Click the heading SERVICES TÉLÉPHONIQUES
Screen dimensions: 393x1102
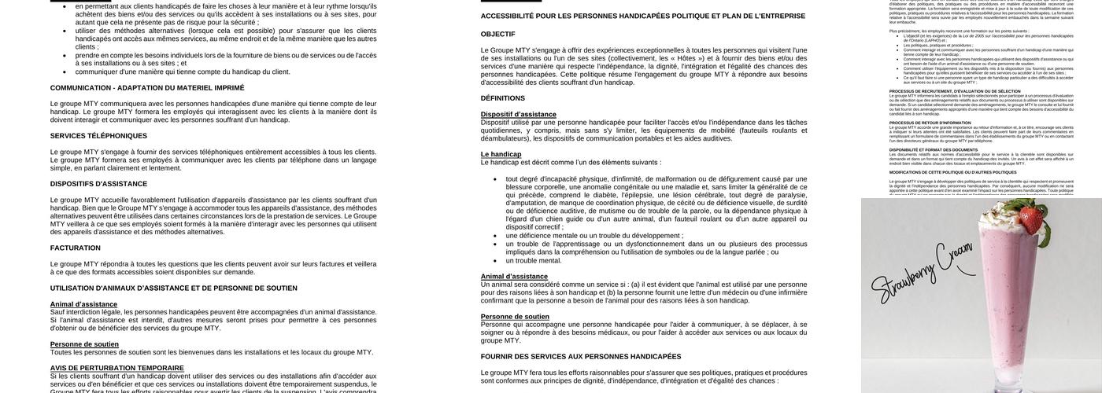tap(98, 136)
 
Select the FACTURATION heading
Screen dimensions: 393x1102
tap(76, 248)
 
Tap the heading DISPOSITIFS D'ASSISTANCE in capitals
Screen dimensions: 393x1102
tap(98, 184)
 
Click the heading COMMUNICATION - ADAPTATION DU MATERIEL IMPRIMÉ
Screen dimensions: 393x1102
tap(147, 87)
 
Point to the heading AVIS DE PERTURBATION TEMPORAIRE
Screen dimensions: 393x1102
tap(117, 368)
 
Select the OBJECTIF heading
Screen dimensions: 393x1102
tap(497, 34)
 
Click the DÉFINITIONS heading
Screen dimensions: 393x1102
tap(502, 98)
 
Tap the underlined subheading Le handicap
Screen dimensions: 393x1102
tap(501, 154)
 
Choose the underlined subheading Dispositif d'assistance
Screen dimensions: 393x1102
tap(518, 114)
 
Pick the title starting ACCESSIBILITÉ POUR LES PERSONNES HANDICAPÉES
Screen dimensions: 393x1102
tap(643, 16)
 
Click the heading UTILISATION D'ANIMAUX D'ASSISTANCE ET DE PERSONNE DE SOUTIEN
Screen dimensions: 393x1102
tap(174, 288)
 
